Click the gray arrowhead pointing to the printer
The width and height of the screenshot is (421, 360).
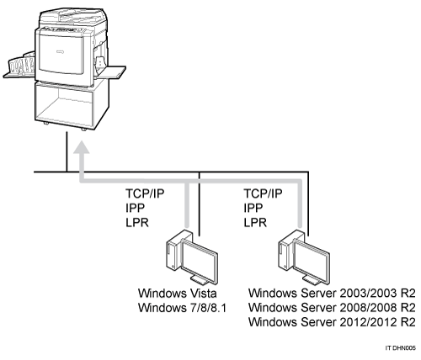pyautogui.click(x=82, y=147)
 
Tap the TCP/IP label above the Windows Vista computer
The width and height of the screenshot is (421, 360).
pyautogui.click(x=145, y=193)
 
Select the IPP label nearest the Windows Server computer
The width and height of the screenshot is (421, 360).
pyautogui.click(x=253, y=208)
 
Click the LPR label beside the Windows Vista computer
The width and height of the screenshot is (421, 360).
pyautogui.click(x=137, y=223)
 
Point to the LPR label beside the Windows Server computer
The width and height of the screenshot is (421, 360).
pyautogui.click(x=255, y=223)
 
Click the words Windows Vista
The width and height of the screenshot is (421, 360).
pyautogui.click(x=178, y=294)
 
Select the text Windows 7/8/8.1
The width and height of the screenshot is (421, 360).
pyautogui.click(x=182, y=308)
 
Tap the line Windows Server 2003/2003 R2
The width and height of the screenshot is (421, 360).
pyautogui.click(x=332, y=294)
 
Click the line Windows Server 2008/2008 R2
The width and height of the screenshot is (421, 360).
pyautogui.click(x=332, y=308)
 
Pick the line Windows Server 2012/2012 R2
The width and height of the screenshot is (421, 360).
pyautogui.click(x=332, y=322)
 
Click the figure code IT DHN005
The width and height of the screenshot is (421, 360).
pyautogui.click(x=400, y=348)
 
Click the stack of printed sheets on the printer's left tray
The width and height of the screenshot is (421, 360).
pyautogui.click(x=22, y=65)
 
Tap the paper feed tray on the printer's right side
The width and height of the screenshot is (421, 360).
pyautogui.click(x=111, y=72)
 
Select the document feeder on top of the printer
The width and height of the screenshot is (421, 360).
pyautogui.click(x=73, y=18)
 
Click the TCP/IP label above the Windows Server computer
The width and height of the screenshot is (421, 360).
pyautogui.click(x=263, y=193)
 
